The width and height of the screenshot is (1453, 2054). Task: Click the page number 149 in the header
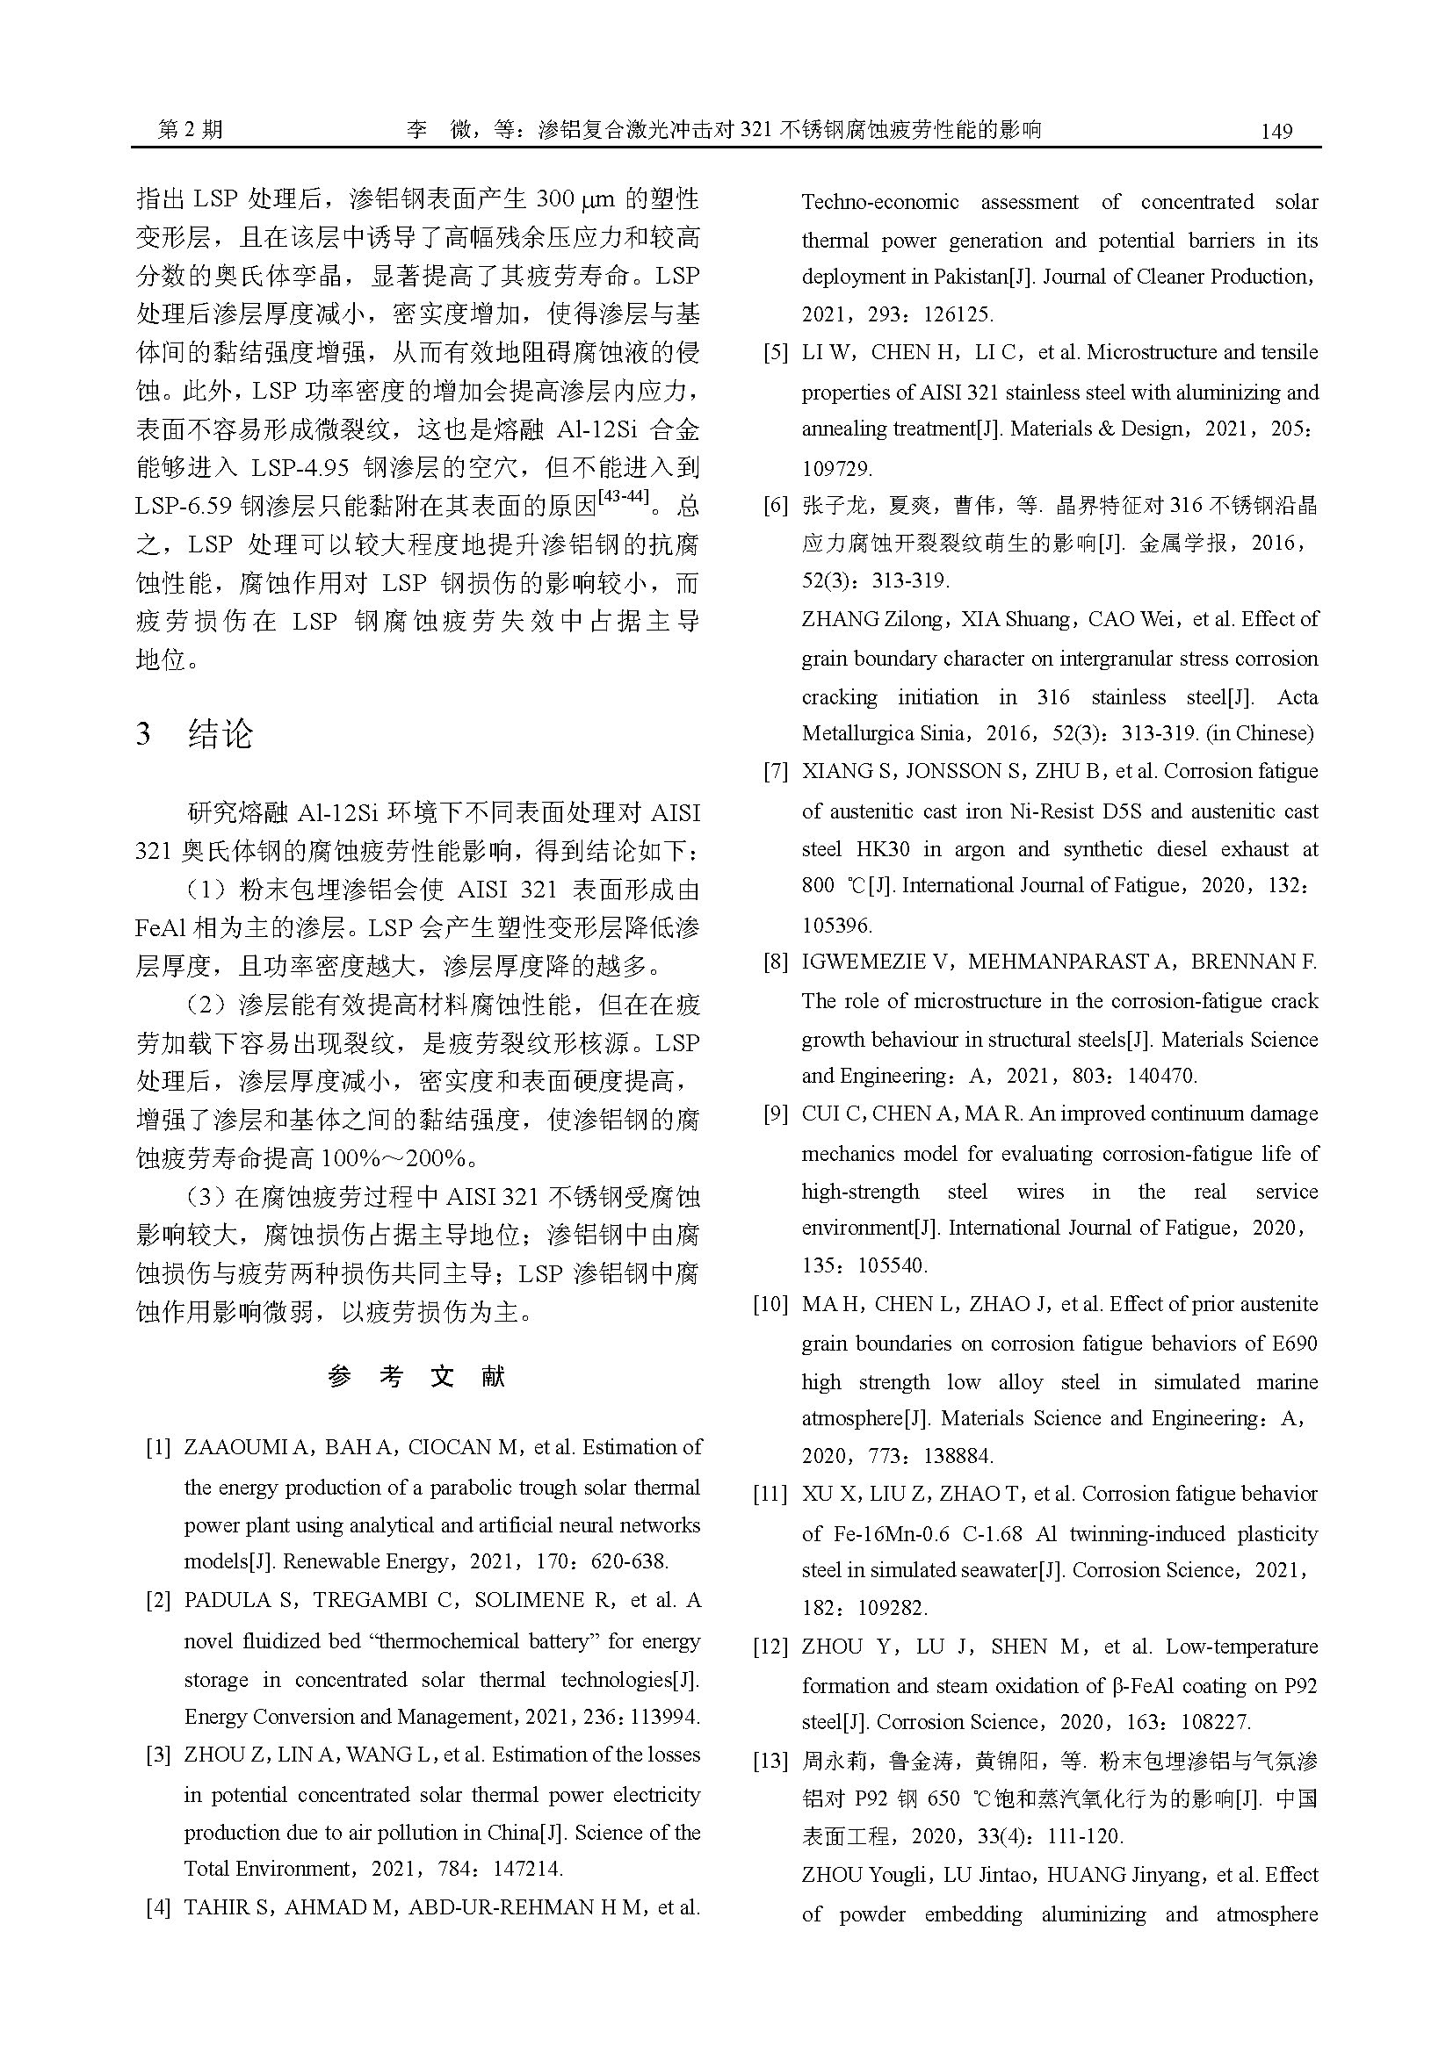(x=1276, y=132)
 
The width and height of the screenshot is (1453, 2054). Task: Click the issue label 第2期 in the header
(x=191, y=131)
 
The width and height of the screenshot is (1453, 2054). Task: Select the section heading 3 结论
(x=195, y=734)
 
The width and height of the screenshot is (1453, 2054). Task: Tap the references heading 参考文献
(x=417, y=1376)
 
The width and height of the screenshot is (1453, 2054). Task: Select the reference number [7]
(x=775, y=771)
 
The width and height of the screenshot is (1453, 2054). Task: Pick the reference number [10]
(x=770, y=1304)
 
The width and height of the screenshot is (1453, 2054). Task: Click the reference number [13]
(x=770, y=1762)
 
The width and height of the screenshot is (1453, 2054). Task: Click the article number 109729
(x=836, y=468)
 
